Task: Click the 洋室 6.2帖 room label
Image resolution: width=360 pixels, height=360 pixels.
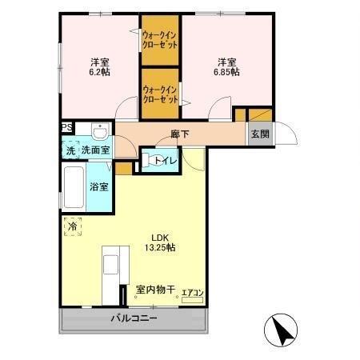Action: [x=100, y=66]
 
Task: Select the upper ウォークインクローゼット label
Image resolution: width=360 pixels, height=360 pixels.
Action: [x=160, y=40]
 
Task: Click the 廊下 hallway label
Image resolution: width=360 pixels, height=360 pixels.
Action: [x=180, y=134]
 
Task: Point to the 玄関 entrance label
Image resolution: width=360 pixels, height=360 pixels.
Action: [x=260, y=134]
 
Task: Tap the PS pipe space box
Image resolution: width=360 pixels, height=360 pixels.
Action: [x=67, y=127]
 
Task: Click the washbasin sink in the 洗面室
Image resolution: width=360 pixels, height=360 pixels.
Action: [x=99, y=130]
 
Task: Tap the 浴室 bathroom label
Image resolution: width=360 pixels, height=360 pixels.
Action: [x=100, y=187]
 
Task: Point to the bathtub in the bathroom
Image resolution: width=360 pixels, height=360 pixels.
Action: [x=74, y=187]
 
